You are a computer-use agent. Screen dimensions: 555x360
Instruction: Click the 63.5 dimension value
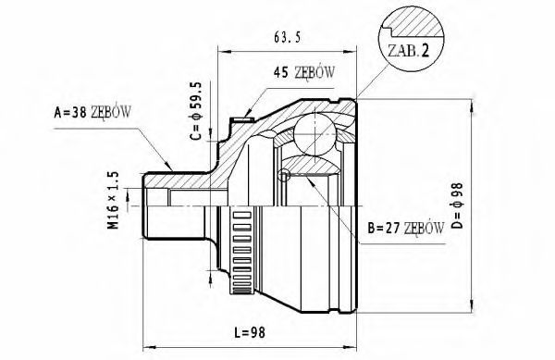click(287, 37)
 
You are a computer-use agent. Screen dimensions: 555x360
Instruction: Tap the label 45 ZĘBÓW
click(303, 72)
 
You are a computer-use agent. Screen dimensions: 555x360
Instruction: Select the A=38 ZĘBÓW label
click(92, 112)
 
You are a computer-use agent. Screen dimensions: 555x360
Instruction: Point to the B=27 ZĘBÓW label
click(406, 229)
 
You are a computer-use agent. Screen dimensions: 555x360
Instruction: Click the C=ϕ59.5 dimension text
click(196, 111)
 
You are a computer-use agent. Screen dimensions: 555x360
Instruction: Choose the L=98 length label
click(250, 332)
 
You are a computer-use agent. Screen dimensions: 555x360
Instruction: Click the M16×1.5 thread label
click(114, 200)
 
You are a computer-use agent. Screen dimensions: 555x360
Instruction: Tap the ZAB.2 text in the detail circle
click(409, 51)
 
